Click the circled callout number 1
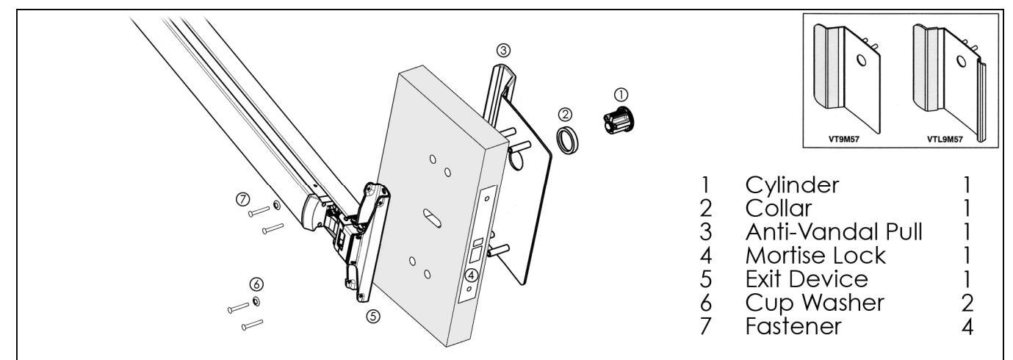[x=620, y=94]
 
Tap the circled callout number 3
[x=503, y=50]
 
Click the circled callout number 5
[x=373, y=317]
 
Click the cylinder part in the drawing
[x=621, y=119]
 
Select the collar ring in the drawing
[x=566, y=140]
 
